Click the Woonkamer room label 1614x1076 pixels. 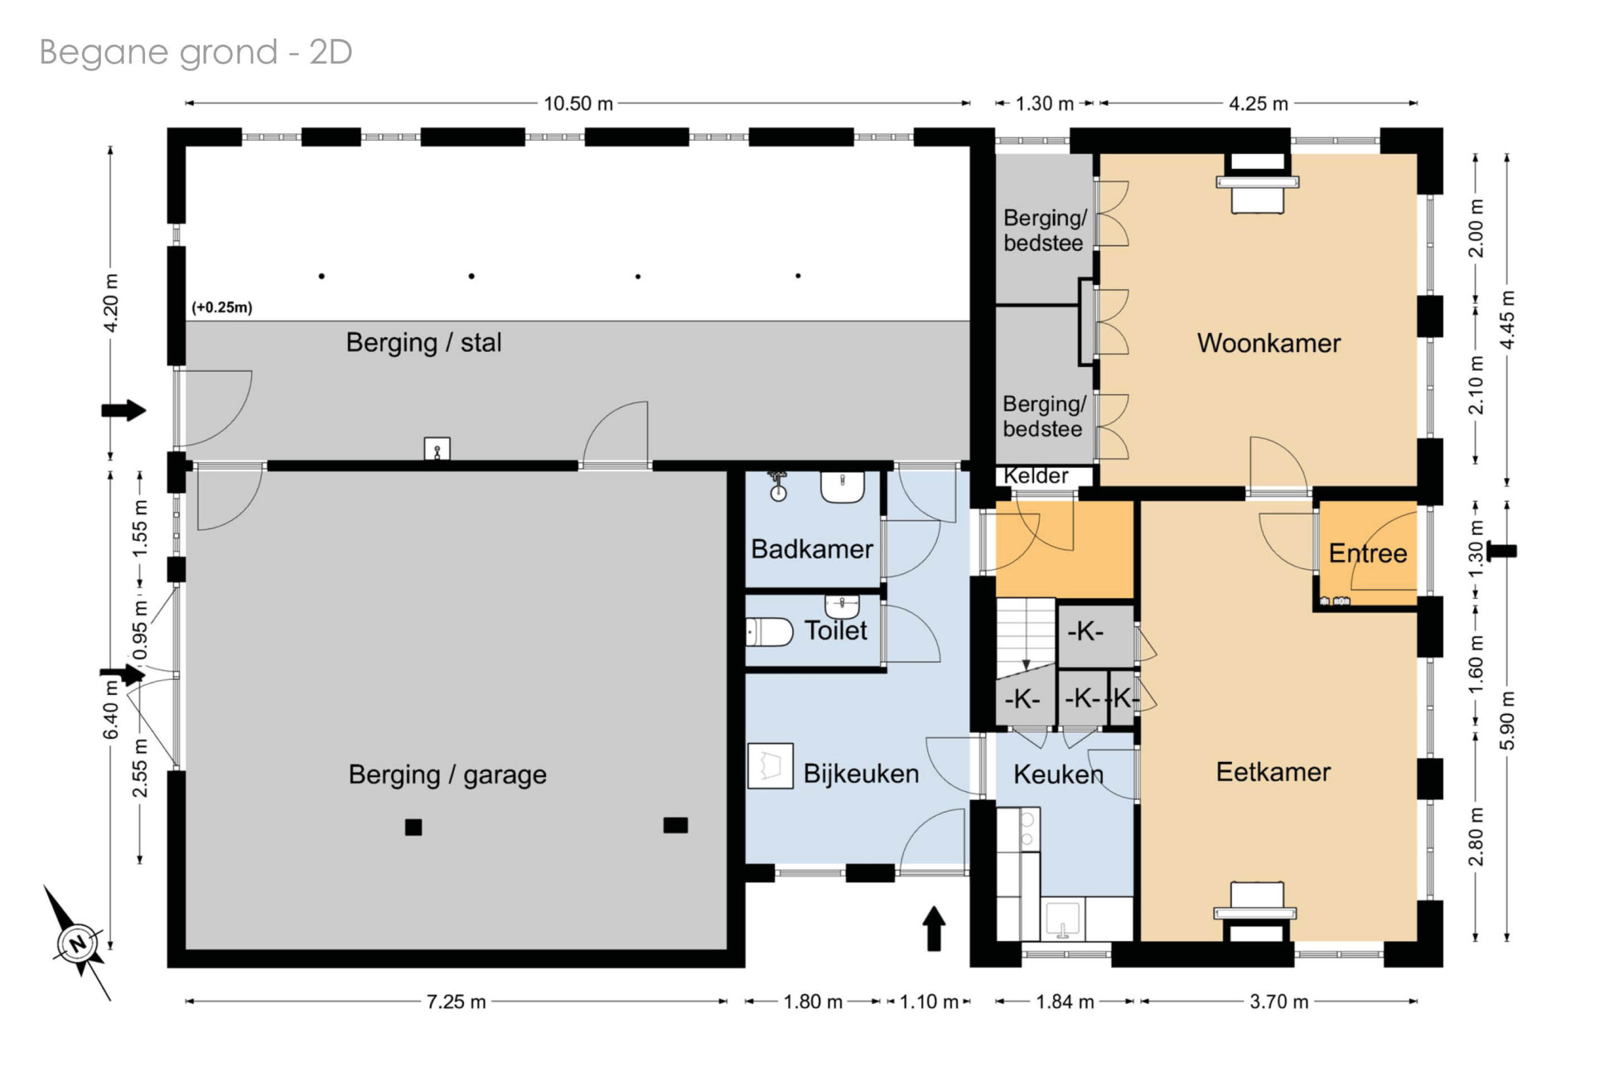pyautogui.click(x=1269, y=343)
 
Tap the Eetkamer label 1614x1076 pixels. pyautogui.click(x=1273, y=772)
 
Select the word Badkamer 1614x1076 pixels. pyautogui.click(x=811, y=549)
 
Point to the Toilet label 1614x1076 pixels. pyautogui.click(x=835, y=630)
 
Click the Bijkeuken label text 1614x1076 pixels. pyautogui.click(x=861, y=773)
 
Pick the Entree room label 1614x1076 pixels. pyautogui.click(x=1367, y=553)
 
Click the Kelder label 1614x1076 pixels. pyautogui.click(x=1036, y=476)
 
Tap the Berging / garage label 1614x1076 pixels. pyautogui.click(x=447, y=775)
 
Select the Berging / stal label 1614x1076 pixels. pyautogui.click(x=423, y=342)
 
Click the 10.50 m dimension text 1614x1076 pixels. pyautogui.click(x=578, y=103)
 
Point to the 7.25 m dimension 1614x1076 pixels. pyautogui.click(x=456, y=1002)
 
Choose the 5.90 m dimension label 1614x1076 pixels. pyautogui.click(x=1507, y=720)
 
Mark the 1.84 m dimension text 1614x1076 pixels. pyautogui.click(x=1065, y=1002)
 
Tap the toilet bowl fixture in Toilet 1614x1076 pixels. pyautogui.click(x=769, y=632)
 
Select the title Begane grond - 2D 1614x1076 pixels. pyautogui.click(x=196, y=52)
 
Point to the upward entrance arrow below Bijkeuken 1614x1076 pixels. pyautogui.click(x=934, y=928)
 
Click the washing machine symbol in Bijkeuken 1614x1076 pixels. pyautogui.click(x=770, y=766)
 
